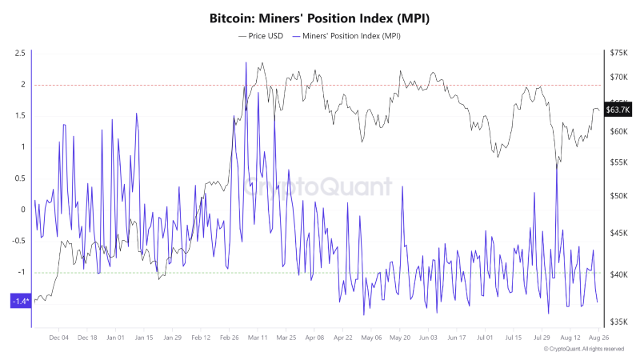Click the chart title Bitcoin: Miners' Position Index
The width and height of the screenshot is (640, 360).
tap(320, 18)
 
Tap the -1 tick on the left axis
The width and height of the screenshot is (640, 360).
tap(22, 272)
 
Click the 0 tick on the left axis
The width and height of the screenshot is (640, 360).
tap(23, 210)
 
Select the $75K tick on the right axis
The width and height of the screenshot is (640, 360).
tap(619, 53)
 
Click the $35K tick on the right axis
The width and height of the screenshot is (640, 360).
tap(619, 322)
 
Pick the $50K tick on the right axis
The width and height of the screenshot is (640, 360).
tap(619, 196)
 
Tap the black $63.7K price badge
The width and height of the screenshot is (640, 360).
tap(618, 110)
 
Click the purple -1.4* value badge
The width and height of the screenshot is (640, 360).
tap(20, 301)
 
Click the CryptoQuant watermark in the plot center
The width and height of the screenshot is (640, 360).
tap(320, 187)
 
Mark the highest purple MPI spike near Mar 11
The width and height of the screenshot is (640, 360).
tap(245, 63)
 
